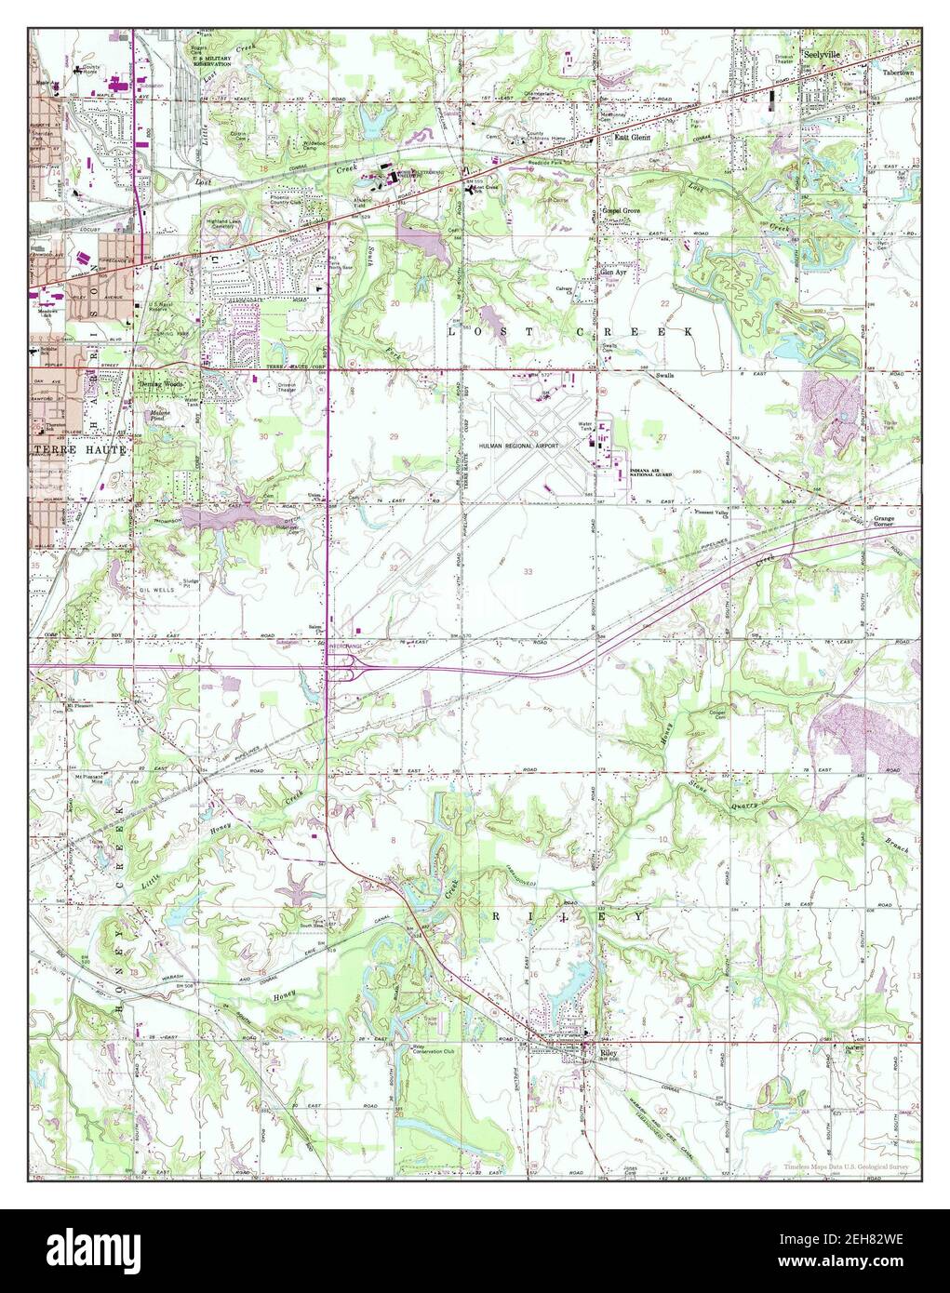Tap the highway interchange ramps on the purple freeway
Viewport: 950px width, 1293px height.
[344, 664]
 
